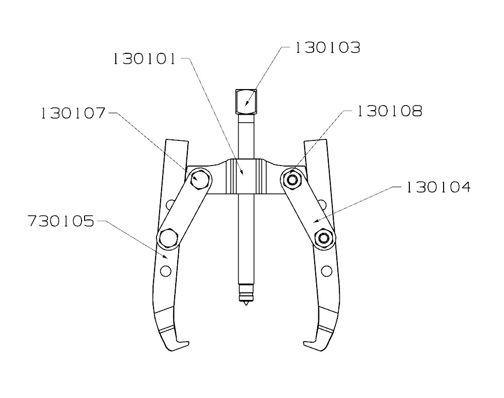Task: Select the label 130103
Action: tap(327, 48)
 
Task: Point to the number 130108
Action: tap(389, 111)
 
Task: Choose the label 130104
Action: tap(438, 188)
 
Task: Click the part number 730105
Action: tap(60, 222)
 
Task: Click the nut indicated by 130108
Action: tap(292, 178)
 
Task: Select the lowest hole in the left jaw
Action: tap(164, 272)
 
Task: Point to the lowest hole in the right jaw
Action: tap(327, 272)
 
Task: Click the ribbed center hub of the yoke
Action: tap(245, 176)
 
